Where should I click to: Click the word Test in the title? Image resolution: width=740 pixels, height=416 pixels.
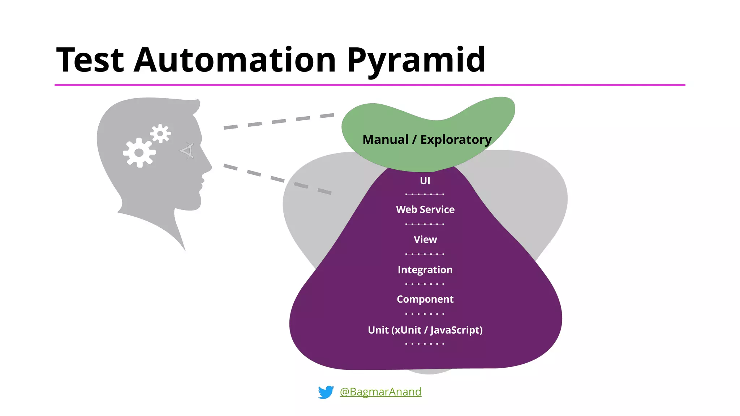(x=90, y=60)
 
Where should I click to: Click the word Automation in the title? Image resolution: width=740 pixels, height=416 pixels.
(x=235, y=60)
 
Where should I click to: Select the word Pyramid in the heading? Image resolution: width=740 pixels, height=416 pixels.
(x=416, y=60)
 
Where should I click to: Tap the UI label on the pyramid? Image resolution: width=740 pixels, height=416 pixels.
(x=425, y=181)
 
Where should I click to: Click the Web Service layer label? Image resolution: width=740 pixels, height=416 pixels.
(x=425, y=209)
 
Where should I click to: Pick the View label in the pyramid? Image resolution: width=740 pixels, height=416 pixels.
(x=425, y=239)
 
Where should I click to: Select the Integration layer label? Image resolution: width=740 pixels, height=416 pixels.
(x=425, y=270)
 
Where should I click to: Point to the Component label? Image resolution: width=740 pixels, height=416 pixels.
(x=425, y=299)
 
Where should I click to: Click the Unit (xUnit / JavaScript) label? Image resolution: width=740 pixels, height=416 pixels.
(x=425, y=330)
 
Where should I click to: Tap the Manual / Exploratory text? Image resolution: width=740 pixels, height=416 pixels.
(x=427, y=139)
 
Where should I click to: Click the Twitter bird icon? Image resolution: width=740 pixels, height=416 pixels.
(x=326, y=392)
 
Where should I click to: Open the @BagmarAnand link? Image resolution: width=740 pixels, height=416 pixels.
(x=380, y=392)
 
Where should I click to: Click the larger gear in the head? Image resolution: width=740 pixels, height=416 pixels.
(x=139, y=153)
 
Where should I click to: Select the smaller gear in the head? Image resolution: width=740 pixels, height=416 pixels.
(x=160, y=134)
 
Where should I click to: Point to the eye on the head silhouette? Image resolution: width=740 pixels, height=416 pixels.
(x=188, y=151)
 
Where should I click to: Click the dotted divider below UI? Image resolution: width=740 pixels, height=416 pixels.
(x=425, y=194)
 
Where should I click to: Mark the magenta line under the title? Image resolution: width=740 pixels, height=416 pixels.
(x=370, y=85)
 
